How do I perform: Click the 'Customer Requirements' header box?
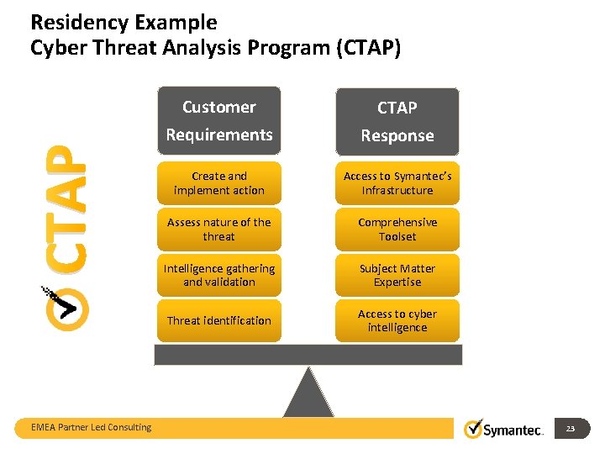pos(218,121)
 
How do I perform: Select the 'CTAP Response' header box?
pos(397,122)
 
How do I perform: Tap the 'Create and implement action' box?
pos(218,183)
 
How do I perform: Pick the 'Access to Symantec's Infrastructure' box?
pos(397,183)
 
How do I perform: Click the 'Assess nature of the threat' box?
pos(218,230)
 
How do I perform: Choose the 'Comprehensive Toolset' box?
pos(397,230)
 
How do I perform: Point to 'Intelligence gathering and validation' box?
pos(218,275)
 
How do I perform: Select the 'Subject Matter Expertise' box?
pos(397,275)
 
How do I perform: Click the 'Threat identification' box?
pos(218,320)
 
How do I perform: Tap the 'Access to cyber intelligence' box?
pos(397,320)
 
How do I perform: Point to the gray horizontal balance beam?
pos(308,355)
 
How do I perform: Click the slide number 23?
pos(571,429)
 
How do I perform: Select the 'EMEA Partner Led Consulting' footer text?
pos(92,427)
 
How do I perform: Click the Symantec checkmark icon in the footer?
pos(474,428)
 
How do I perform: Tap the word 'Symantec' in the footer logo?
pos(514,430)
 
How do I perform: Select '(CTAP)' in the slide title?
pos(368,48)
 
